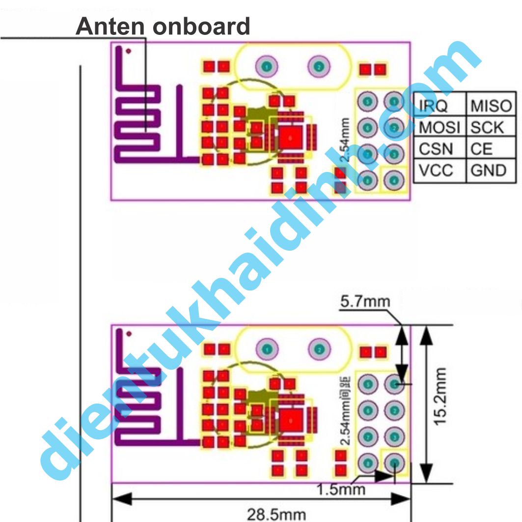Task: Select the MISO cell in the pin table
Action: click(491, 105)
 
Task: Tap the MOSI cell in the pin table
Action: click(439, 127)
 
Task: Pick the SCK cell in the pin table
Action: click(487, 127)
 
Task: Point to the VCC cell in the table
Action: click(436, 170)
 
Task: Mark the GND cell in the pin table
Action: click(488, 170)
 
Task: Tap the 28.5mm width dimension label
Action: click(276, 514)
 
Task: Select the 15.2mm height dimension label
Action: click(440, 397)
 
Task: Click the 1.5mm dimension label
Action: click(341, 489)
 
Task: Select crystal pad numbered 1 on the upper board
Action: click(266, 65)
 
